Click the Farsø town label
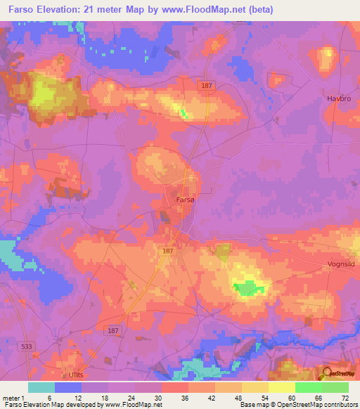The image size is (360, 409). coord(185,200)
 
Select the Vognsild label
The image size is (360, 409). coord(341,265)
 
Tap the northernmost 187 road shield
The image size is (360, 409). coord(206,85)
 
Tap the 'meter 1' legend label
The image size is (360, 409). coord(15,397)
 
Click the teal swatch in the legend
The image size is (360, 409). coord(41,387)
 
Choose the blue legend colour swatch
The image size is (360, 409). coord(68,387)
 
